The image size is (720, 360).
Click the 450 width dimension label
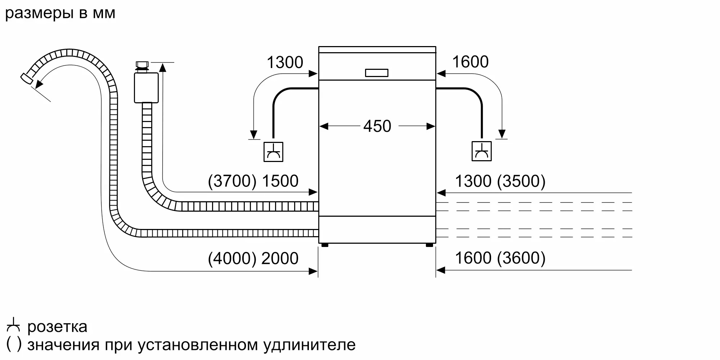tap(377, 126)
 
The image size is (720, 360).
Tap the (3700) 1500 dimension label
tap(253, 181)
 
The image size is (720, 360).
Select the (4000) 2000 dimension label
tap(253, 258)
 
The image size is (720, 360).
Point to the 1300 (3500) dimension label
tap(500, 181)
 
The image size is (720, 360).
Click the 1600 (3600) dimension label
tap(500, 258)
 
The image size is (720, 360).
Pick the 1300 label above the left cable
tap(285, 63)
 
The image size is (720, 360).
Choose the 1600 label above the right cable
tap(470, 62)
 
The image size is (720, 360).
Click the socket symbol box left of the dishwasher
tap(273, 152)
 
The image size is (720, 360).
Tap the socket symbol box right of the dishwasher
tap(481, 151)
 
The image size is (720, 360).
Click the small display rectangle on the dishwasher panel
tap(377, 73)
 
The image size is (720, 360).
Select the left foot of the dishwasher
tap(325, 245)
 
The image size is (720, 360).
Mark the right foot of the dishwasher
tap(429, 245)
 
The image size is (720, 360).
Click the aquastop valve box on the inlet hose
tap(146, 87)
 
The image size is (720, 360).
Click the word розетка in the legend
tap(57, 327)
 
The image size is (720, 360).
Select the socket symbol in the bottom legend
tap(13, 325)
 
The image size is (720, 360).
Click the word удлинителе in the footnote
tap(309, 345)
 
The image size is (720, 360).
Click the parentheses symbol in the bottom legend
tap(14, 344)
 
